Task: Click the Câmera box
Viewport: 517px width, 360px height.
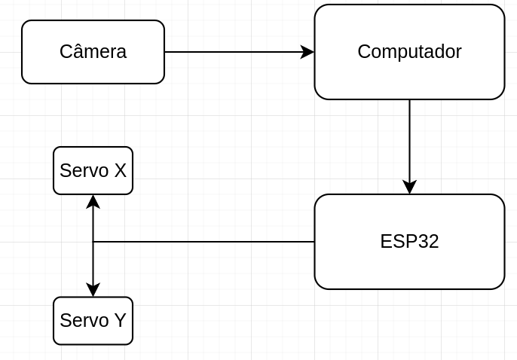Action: [93, 52]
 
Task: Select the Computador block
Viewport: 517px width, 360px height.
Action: [409, 52]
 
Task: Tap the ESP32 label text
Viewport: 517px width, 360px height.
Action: [409, 242]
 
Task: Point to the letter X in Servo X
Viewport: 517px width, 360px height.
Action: [120, 171]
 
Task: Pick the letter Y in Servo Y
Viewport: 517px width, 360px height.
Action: [120, 321]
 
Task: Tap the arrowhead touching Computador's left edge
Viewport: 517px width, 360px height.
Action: [307, 52]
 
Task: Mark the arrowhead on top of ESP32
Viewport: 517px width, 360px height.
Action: [409, 187]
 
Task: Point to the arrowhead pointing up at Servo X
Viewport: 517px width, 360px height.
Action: [93, 202]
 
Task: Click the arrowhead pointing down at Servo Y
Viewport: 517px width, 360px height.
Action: [93, 290]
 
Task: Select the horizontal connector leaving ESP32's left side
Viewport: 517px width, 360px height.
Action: [203, 242]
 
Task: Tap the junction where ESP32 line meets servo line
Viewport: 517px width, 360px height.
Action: [93, 242]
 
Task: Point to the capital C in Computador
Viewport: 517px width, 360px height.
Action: [363, 52]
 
